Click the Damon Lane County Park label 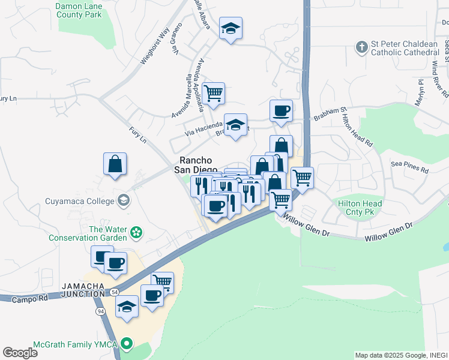[x=79, y=10]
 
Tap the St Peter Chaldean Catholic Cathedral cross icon [x=361, y=46]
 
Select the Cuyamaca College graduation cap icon [x=124, y=200]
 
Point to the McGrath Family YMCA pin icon [x=126, y=344]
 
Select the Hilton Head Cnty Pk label [x=360, y=208]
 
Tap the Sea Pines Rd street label [x=410, y=166]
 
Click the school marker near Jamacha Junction [x=127, y=306]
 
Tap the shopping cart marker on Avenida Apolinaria [x=213, y=94]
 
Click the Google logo [x=20, y=353]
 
